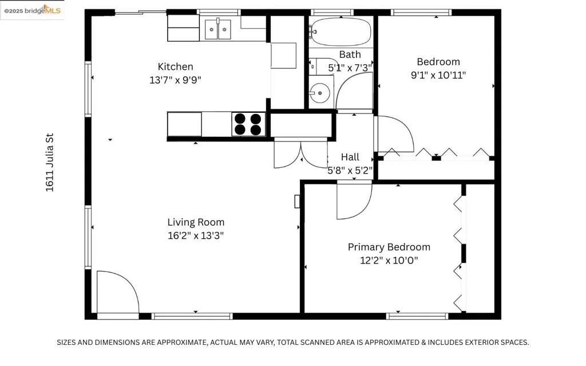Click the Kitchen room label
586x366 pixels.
pos(175,66)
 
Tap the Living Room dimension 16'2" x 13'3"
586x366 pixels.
pos(196,235)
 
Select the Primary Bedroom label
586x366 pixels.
pos(389,247)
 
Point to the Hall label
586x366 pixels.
pos(350,157)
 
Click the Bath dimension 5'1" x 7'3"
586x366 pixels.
pos(350,68)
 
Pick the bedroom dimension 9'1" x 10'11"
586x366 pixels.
pos(438,75)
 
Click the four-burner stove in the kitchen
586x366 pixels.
pos(248,124)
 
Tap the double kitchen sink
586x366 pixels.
pos(218,30)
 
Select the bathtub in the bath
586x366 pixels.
pos(341,32)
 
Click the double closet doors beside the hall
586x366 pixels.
pos(301,154)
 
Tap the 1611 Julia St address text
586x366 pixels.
pos(50,163)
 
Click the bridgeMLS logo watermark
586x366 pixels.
pos(32,10)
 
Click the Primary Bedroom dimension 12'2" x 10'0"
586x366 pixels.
pos(389,260)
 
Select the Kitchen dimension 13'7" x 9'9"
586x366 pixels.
pos(175,80)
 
